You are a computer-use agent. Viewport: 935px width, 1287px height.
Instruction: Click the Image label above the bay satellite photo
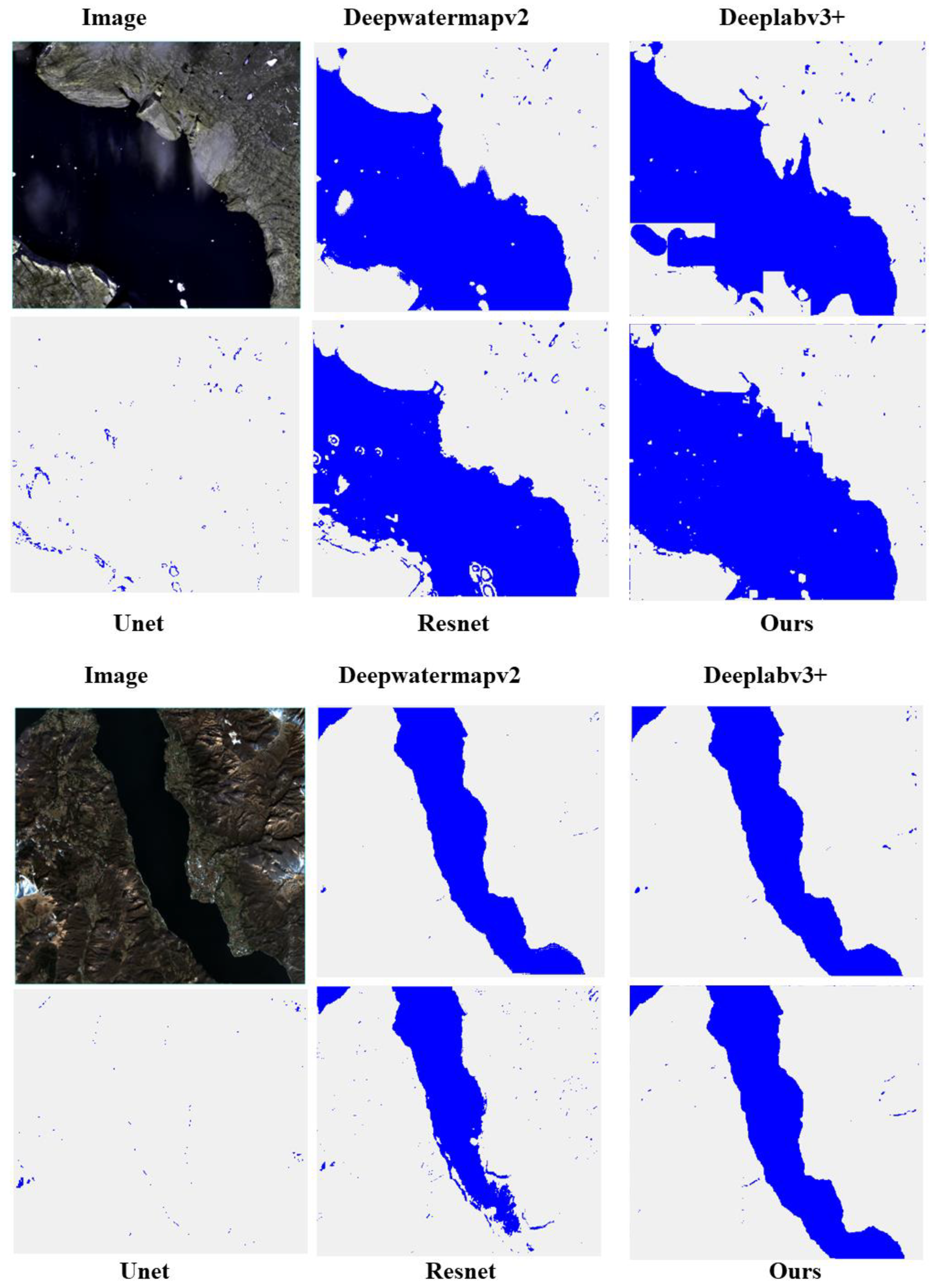point(114,17)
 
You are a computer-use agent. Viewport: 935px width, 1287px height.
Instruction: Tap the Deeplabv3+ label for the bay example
point(782,17)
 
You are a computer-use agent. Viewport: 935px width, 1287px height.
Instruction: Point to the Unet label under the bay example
point(138,623)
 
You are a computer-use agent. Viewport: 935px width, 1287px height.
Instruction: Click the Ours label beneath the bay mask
point(786,623)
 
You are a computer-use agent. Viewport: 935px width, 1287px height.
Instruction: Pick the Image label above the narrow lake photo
point(116,675)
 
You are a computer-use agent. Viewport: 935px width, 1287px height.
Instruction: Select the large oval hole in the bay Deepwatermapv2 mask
point(344,202)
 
